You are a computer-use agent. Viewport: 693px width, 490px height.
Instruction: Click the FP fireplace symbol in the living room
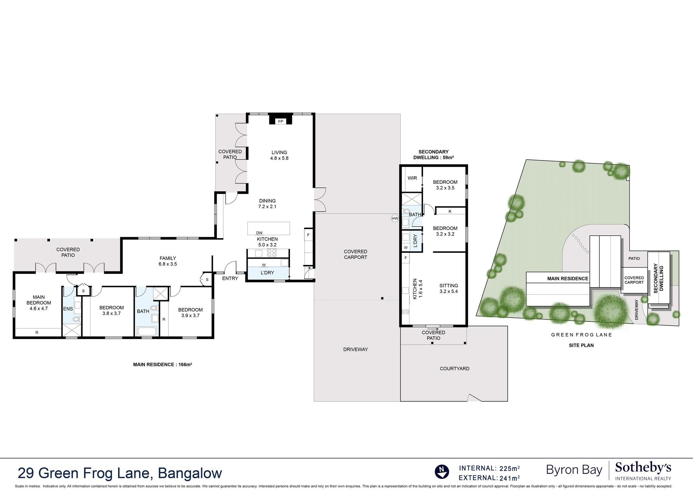click(x=280, y=121)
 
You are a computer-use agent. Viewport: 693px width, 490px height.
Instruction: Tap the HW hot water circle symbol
click(x=395, y=219)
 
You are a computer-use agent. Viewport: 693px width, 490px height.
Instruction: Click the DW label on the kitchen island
click(x=259, y=233)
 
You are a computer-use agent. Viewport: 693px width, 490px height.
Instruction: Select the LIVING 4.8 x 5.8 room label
click(x=279, y=155)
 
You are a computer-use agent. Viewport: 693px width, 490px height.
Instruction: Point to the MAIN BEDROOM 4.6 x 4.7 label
click(x=39, y=303)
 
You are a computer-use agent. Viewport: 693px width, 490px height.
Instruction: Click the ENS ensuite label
click(x=68, y=309)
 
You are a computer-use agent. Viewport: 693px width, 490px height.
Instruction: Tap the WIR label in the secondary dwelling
click(x=412, y=178)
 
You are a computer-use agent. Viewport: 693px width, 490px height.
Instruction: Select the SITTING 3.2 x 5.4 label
click(x=448, y=288)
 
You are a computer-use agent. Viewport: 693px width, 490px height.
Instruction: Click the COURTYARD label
click(x=454, y=369)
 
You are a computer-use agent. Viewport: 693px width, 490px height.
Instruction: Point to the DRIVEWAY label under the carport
click(x=355, y=349)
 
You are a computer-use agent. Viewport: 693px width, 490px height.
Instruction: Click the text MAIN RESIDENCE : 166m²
click(x=162, y=364)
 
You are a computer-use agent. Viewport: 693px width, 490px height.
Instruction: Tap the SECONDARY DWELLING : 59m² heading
click(x=433, y=155)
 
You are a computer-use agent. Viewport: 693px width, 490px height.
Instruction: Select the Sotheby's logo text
click(x=643, y=468)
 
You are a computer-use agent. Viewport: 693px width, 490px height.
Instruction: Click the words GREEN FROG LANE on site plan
click(x=581, y=335)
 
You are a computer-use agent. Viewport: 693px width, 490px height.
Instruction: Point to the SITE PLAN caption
click(x=581, y=346)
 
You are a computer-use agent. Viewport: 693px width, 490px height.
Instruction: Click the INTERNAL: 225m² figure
click(x=489, y=468)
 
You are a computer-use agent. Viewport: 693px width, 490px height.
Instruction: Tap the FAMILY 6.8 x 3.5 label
click(x=167, y=261)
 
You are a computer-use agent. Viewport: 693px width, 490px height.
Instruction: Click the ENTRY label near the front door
click(x=230, y=279)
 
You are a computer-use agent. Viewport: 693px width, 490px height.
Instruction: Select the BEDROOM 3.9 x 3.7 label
click(x=190, y=312)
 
